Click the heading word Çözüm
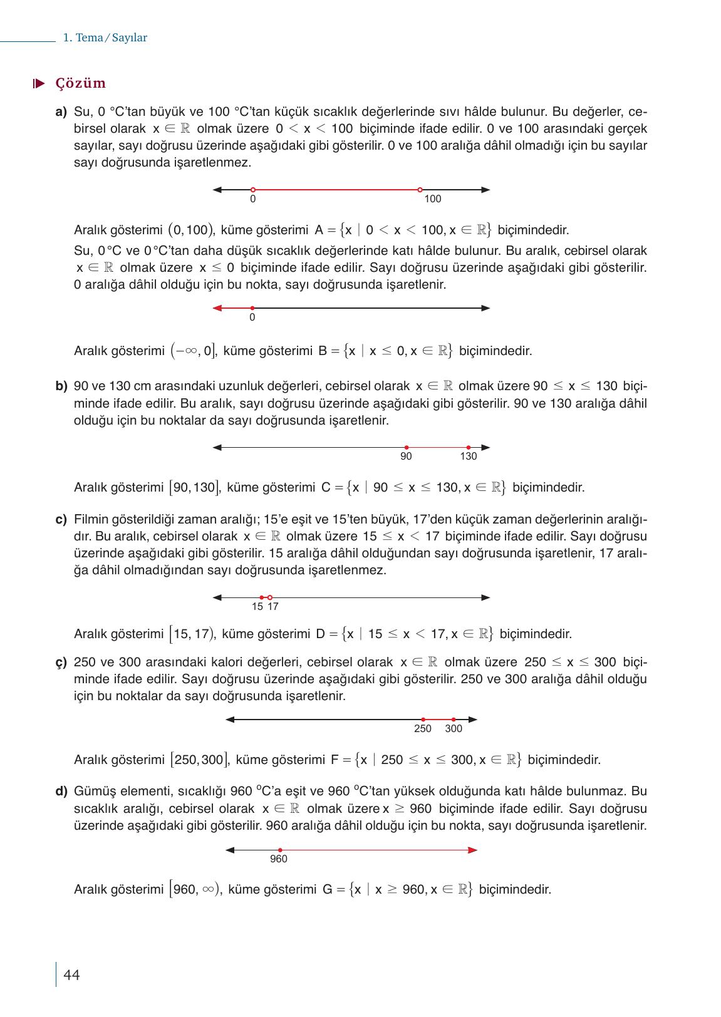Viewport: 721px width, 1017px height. coord(80,83)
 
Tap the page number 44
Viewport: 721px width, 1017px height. coord(71,975)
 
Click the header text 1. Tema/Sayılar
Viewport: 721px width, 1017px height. coord(105,38)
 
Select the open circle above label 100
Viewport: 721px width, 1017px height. coord(420,189)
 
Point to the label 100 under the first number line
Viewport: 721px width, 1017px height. coord(432,199)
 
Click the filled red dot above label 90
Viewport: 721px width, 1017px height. coord(406,447)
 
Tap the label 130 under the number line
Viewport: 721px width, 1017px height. coord(468,457)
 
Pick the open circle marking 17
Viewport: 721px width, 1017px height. coord(270,597)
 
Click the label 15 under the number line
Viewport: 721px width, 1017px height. coord(257,607)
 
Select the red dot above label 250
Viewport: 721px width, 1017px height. coord(423,720)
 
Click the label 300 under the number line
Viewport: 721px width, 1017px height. coord(454,729)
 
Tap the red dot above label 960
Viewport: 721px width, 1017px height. coord(279,850)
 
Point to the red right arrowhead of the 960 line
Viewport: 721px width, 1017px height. coord(472,850)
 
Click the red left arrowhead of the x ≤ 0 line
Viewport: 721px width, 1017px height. coord(218,307)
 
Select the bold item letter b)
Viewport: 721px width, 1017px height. coord(61,386)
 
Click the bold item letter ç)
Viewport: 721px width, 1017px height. coord(61,663)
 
